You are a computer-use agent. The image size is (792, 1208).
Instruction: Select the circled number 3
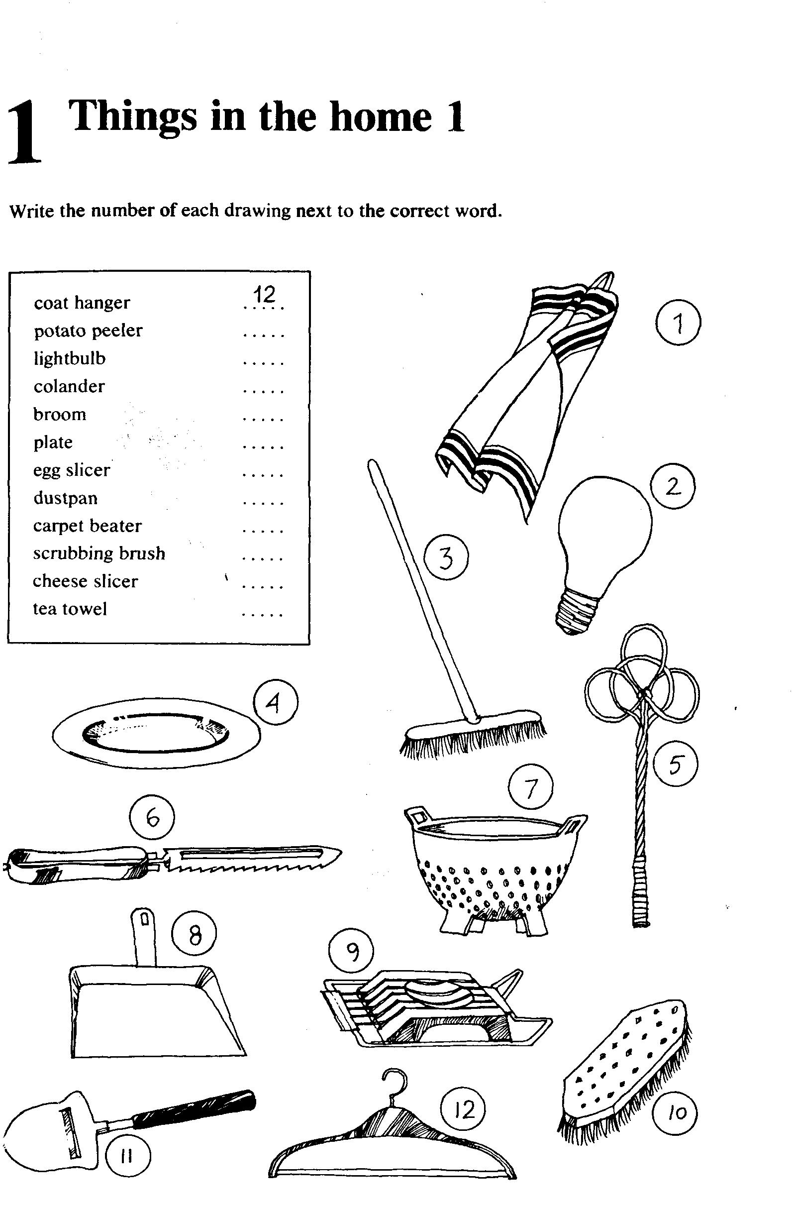point(446,558)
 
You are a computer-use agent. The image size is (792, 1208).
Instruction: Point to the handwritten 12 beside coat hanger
point(264,294)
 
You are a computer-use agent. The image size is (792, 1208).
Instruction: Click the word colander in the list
point(69,386)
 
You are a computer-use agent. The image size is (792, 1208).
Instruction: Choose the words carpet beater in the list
point(87,525)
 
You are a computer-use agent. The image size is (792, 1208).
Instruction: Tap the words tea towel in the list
point(70,609)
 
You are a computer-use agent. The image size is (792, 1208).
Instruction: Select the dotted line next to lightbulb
point(263,363)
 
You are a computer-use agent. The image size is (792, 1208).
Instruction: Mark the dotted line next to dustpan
point(263,503)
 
